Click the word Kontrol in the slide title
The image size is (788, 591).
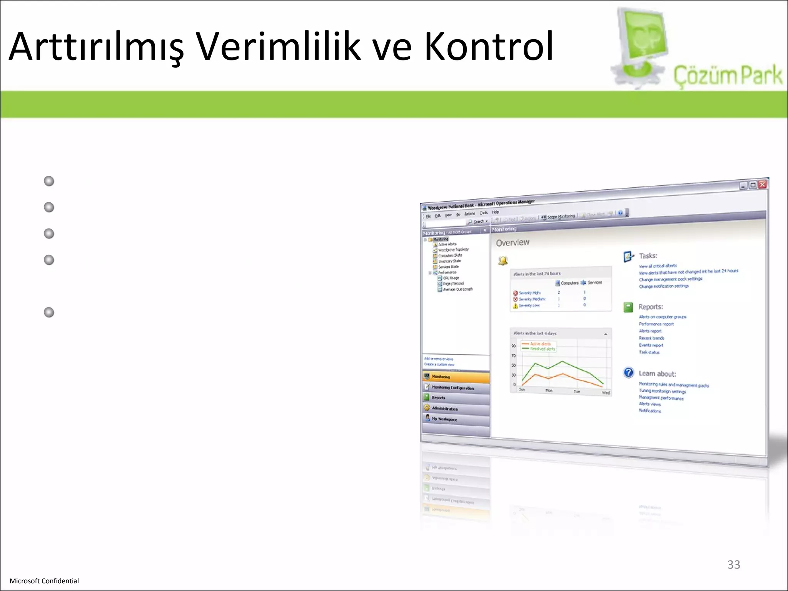(x=489, y=47)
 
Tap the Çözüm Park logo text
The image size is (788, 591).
(x=727, y=75)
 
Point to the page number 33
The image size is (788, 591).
(x=733, y=564)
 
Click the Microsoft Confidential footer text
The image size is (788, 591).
(x=44, y=581)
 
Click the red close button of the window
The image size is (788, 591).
(x=762, y=184)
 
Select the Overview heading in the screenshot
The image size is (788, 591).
(x=513, y=242)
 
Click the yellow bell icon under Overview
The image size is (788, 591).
(x=503, y=261)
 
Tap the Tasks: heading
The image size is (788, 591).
(x=648, y=256)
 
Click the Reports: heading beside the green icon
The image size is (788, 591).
(x=651, y=307)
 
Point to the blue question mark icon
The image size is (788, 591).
(x=628, y=372)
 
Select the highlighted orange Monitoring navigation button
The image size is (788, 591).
(x=456, y=377)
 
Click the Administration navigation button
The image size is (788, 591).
(x=445, y=408)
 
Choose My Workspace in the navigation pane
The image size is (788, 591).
(x=444, y=419)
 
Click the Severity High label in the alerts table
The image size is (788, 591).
(x=530, y=293)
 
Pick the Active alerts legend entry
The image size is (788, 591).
(x=540, y=344)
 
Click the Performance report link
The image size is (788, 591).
(x=656, y=324)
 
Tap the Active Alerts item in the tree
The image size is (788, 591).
(x=447, y=244)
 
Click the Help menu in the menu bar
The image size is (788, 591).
(x=495, y=212)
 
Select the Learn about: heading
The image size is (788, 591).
(x=657, y=374)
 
